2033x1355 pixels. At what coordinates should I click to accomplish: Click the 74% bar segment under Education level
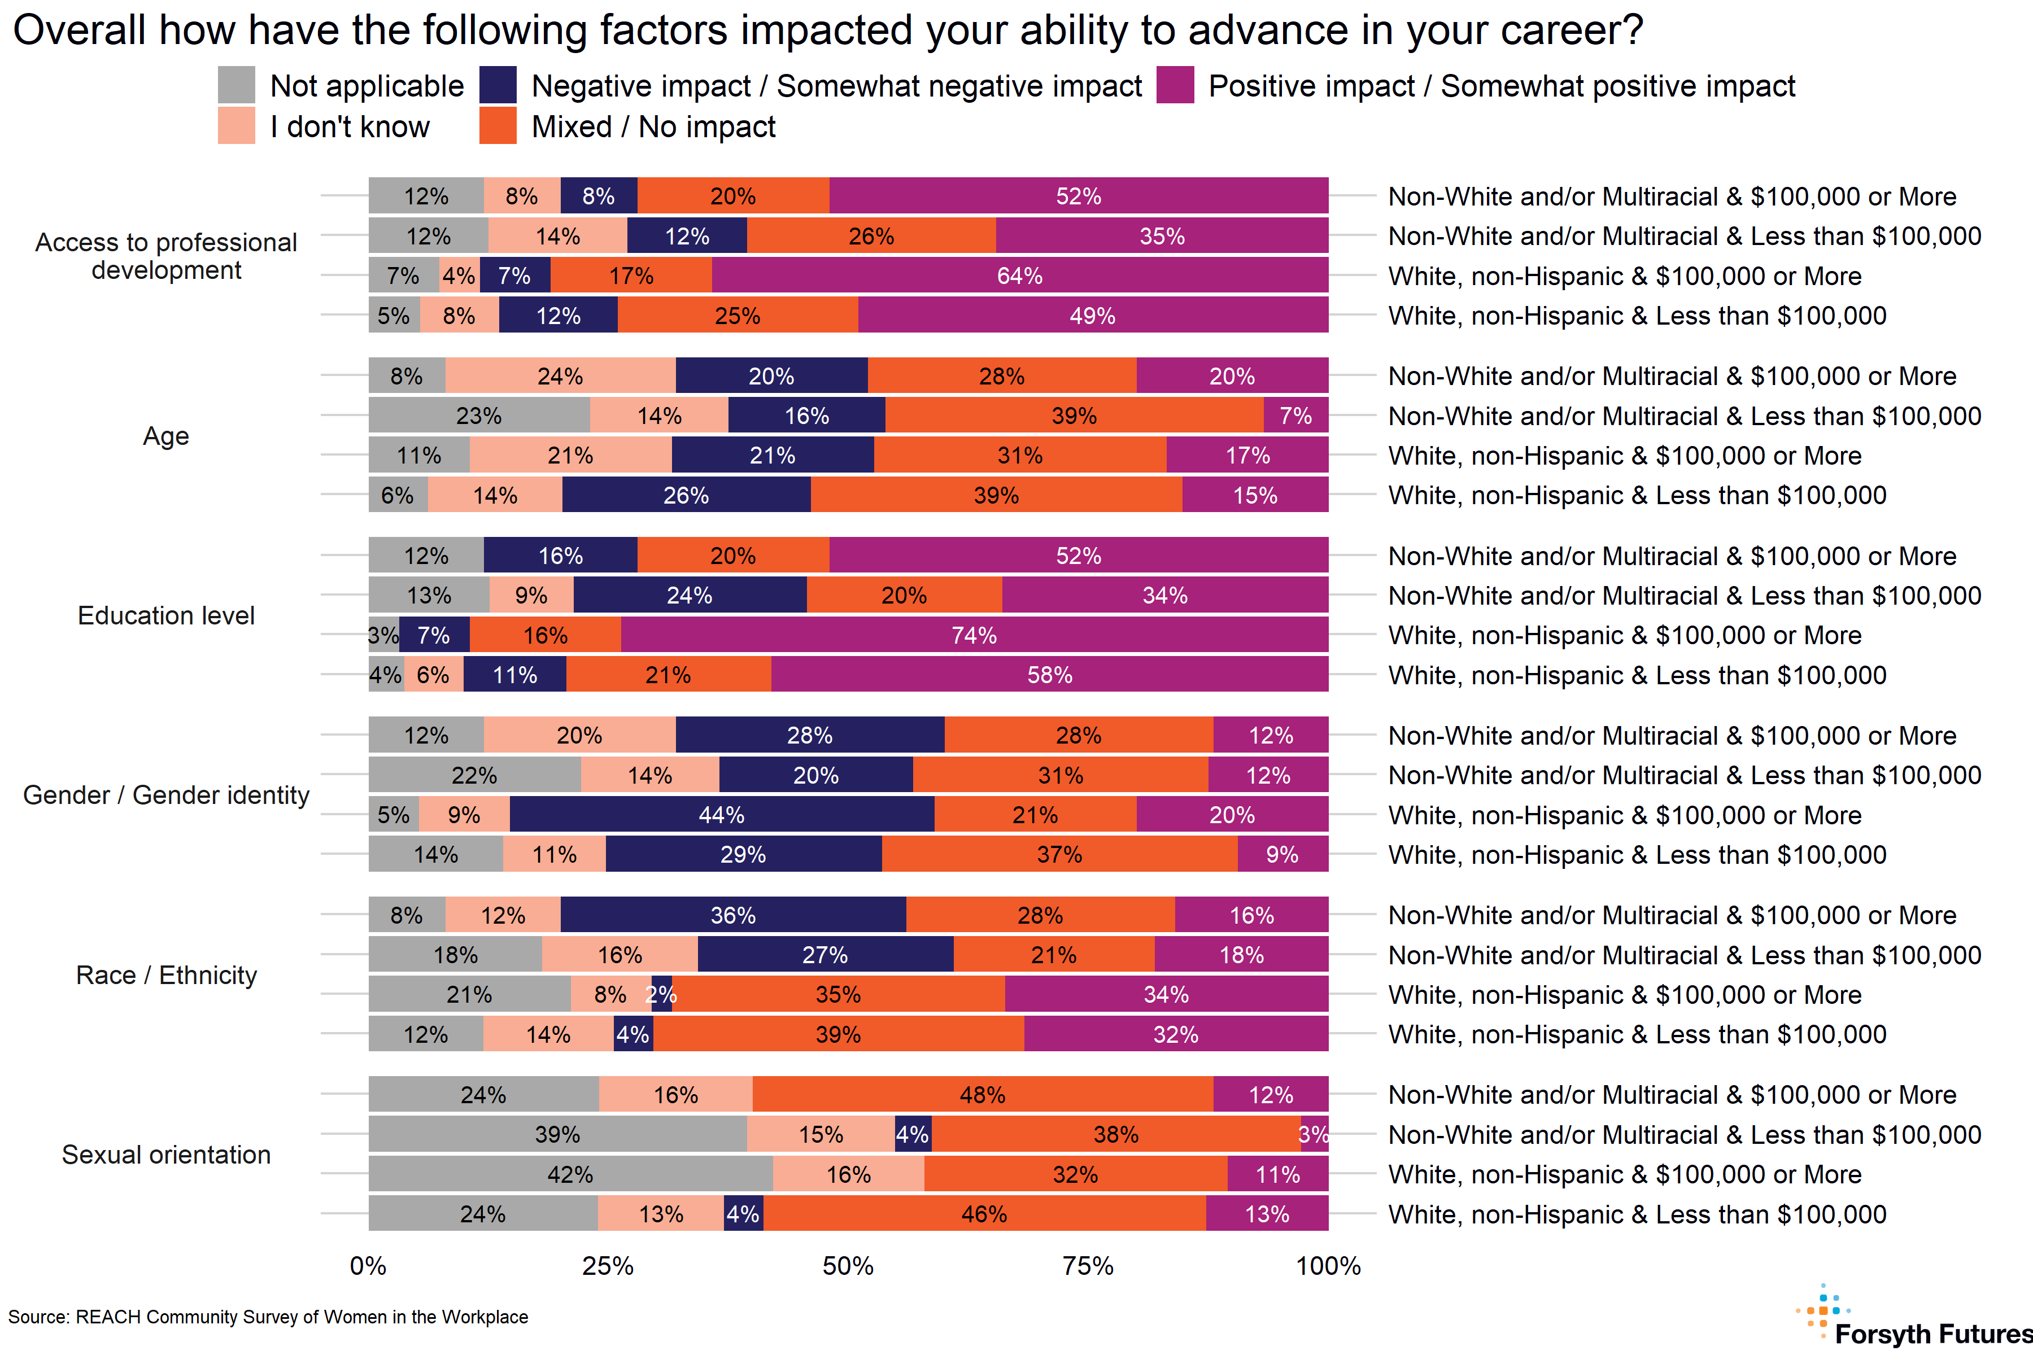(974, 635)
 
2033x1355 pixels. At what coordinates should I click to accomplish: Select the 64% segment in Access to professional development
(1020, 276)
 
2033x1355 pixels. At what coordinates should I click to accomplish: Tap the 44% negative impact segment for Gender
(722, 815)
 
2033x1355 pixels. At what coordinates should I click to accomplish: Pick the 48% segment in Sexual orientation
(983, 1095)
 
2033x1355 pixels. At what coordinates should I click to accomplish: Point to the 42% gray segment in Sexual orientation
(570, 1174)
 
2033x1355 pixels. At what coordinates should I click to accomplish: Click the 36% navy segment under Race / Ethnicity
(733, 915)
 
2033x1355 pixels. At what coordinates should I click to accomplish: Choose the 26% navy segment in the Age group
(686, 495)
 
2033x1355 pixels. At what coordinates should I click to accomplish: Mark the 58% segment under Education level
(1049, 675)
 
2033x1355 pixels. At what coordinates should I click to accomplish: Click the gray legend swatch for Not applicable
(237, 86)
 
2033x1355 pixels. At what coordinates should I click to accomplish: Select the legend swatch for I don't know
(237, 126)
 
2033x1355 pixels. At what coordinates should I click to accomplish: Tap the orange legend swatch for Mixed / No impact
(498, 126)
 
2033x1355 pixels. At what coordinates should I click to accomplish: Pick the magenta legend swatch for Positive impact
(1176, 86)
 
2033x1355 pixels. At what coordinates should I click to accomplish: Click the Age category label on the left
(166, 436)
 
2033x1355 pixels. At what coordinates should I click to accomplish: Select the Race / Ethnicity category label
(166, 976)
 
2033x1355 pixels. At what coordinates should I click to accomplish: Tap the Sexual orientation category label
(166, 1155)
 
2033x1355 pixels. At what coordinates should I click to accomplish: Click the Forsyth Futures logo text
(1932, 1334)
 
